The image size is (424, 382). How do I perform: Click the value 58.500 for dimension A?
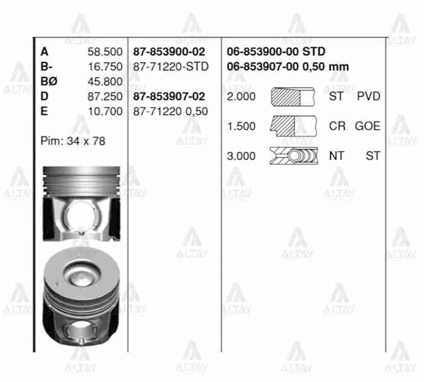tap(106, 52)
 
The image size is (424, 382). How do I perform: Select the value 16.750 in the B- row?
tap(106, 67)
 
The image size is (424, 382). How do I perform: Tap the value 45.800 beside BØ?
tap(106, 82)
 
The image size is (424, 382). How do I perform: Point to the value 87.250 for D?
tap(106, 96)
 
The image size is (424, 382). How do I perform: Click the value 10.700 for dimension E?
tap(106, 111)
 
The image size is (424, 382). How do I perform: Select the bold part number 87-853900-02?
tap(169, 52)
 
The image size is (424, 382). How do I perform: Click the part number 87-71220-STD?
tap(171, 67)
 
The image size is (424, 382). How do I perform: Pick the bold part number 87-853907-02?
tap(169, 96)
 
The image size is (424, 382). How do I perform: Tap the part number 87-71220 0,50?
tap(171, 111)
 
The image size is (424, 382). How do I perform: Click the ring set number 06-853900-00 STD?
tap(276, 52)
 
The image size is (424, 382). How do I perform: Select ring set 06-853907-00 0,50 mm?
tap(288, 67)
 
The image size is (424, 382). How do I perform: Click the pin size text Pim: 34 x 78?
tap(73, 141)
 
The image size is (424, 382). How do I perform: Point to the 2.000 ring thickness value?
tap(241, 96)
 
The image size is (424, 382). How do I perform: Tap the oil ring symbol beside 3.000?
tap(293, 156)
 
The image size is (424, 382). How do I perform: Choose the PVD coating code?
tap(369, 96)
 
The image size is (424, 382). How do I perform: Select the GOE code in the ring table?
tap(368, 126)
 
